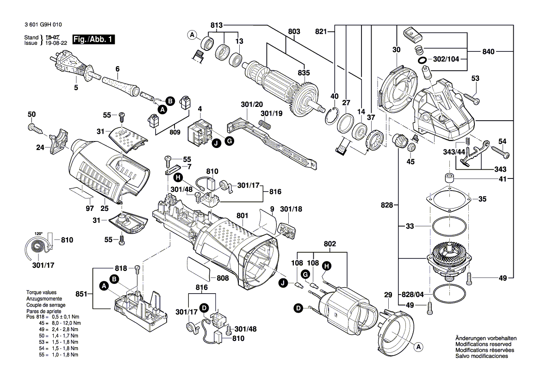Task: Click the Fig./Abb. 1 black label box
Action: click(94, 40)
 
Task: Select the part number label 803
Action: click(294, 31)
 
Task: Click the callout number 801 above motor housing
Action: click(243, 216)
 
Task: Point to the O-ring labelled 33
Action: click(448, 227)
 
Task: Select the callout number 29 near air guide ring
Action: click(387, 295)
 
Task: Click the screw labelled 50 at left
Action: click(35, 127)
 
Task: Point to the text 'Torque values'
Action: click(41, 293)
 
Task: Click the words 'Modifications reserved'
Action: click(483, 345)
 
